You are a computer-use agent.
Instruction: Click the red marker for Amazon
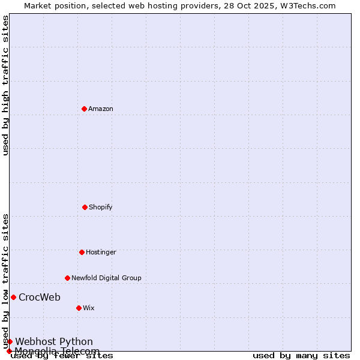point(84,109)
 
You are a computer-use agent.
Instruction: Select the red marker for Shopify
point(85,207)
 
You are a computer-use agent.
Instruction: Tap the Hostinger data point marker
point(82,252)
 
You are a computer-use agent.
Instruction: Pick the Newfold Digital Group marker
point(67,278)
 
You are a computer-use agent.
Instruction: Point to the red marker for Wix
point(79,308)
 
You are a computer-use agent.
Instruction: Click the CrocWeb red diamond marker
point(13,297)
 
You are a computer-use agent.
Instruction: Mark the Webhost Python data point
point(10,341)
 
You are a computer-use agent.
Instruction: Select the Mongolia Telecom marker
point(9,351)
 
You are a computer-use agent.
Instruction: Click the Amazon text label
point(101,109)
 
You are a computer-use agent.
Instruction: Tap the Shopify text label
point(101,207)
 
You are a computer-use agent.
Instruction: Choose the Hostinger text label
point(101,252)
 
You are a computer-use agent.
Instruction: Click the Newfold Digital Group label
point(106,278)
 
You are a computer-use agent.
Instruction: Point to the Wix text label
point(89,308)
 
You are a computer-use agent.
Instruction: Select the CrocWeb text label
point(40,297)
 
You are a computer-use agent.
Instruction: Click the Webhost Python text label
point(54,341)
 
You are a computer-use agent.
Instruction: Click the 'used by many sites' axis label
point(301,355)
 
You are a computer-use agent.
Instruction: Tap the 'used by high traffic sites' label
point(5,85)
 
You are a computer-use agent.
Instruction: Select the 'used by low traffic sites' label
point(5,281)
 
